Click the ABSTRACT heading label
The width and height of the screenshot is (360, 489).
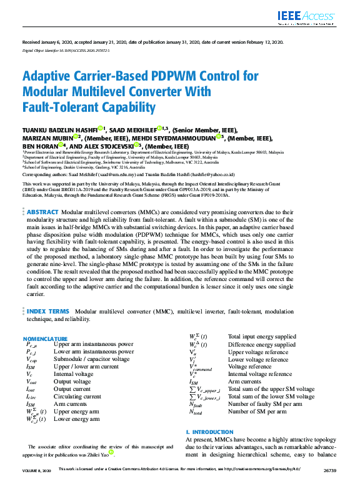43,212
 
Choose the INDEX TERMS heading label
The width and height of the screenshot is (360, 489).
47,310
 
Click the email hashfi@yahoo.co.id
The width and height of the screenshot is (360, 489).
214,175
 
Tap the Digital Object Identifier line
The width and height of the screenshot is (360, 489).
66,50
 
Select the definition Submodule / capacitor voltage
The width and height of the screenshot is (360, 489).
92,359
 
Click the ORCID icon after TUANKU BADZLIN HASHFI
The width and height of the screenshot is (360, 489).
100,129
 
